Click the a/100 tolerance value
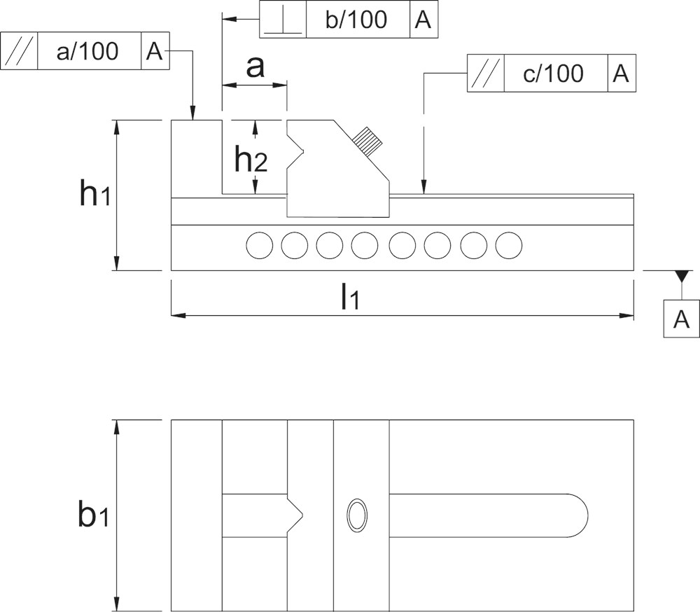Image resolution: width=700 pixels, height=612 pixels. coord(87,51)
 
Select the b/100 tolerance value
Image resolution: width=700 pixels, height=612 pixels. coord(356,20)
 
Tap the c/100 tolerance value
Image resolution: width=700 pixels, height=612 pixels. coord(553,74)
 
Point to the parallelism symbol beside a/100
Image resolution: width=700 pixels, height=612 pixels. coord(18,52)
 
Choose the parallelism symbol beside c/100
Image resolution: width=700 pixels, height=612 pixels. coord(485,74)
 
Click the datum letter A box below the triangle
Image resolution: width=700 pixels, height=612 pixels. coord(681,319)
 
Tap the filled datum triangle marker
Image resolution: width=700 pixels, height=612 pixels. coord(682,276)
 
